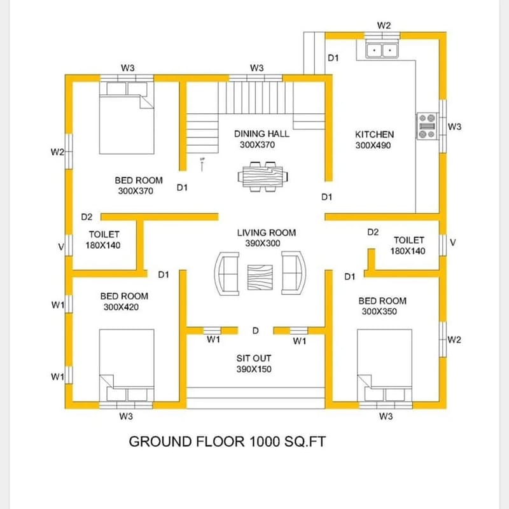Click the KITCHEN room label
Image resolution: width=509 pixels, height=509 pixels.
tap(374, 134)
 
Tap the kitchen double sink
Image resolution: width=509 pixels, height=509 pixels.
tap(382, 49)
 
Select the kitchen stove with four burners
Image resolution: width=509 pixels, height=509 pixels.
tap(426, 126)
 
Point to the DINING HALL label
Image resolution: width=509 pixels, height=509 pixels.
tap(261, 134)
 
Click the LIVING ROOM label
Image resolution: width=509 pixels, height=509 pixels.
tap(266, 233)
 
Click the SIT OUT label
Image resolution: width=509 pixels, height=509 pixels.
tap(254, 358)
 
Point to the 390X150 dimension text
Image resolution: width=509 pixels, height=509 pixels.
tap(254, 369)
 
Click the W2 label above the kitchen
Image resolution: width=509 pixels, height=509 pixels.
tap(384, 25)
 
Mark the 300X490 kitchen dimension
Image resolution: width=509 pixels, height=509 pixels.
tap(372, 145)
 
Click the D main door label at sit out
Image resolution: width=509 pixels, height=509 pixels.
tap(255, 331)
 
